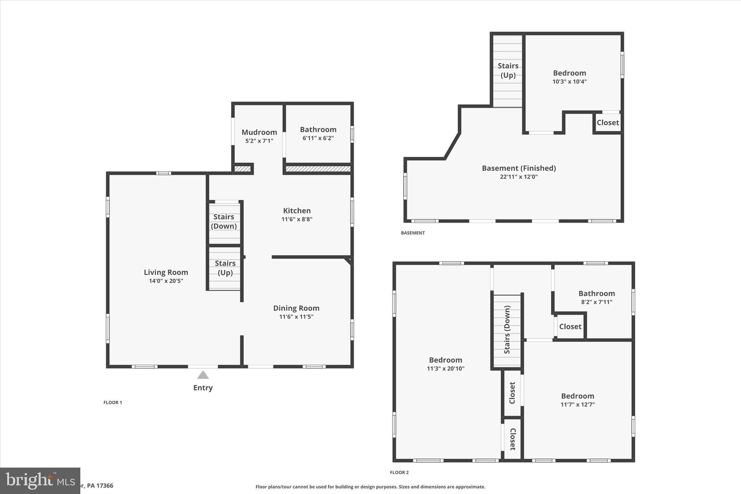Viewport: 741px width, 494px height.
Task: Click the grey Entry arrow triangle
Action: click(203, 375)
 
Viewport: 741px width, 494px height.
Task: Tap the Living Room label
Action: click(166, 272)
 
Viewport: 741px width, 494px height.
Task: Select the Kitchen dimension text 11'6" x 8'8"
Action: click(297, 219)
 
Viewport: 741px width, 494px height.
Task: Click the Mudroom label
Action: click(259, 132)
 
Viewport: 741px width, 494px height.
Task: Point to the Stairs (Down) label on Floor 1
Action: click(224, 221)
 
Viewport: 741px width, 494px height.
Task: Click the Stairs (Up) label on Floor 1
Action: click(225, 268)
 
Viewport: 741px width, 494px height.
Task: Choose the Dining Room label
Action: click(296, 308)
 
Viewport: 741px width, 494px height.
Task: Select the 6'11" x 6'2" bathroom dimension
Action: click(318, 138)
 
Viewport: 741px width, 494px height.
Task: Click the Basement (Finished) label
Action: click(518, 168)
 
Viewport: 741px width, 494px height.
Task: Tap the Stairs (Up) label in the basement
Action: click(508, 71)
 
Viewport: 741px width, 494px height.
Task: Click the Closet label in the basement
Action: click(607, 123)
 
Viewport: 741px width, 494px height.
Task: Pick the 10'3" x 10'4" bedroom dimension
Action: click(569, 82)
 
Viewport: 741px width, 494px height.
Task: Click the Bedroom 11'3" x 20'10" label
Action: click(445, 360)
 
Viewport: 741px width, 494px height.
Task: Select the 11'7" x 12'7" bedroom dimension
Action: click(577, 405)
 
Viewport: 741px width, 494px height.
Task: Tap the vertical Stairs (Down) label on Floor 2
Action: click(507, 330)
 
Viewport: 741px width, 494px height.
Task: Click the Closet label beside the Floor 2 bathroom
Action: click(570, 326)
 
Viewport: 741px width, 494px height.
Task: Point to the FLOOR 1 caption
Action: click(113, 402)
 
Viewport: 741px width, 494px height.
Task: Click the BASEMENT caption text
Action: click(412, 233)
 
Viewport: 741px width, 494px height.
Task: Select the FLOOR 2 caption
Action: click(399, 472)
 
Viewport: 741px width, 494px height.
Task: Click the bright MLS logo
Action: click(40, 481)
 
